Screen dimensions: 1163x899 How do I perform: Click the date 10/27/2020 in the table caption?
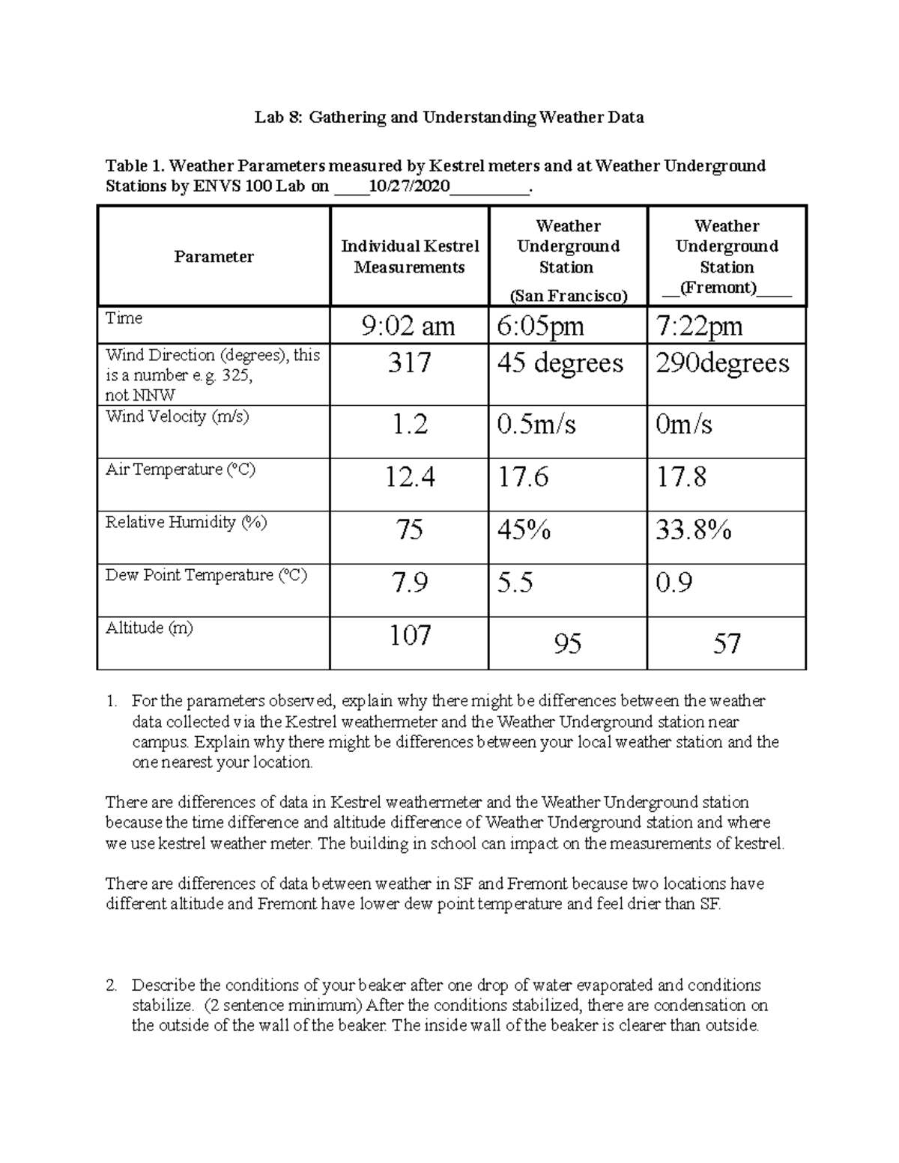(405, 186)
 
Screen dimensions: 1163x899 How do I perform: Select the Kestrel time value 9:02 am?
(408, 326)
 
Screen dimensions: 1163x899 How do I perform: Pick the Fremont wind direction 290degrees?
(722, 363)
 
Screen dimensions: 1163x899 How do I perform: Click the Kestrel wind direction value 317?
(409, 363)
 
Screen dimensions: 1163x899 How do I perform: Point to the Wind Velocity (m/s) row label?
(178, 417)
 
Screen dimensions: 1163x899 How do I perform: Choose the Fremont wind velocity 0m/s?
(683, 425)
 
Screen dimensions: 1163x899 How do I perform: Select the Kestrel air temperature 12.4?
(410, 477)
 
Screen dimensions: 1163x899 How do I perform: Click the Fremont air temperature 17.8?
(681, 477)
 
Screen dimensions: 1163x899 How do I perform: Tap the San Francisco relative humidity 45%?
(524, 530)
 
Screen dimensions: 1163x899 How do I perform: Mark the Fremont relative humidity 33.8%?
(693, 530)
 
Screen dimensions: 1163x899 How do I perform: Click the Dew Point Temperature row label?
(206, 575)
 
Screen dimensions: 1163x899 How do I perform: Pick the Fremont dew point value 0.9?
(674, 583)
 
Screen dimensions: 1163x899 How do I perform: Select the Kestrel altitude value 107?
(410, 636)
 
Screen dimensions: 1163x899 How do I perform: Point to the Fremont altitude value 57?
(727, 643)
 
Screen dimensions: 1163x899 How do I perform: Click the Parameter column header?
(214, 257)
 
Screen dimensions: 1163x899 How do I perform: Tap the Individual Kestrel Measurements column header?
(410, 257)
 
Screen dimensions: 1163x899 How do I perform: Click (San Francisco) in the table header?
(568, 296)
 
